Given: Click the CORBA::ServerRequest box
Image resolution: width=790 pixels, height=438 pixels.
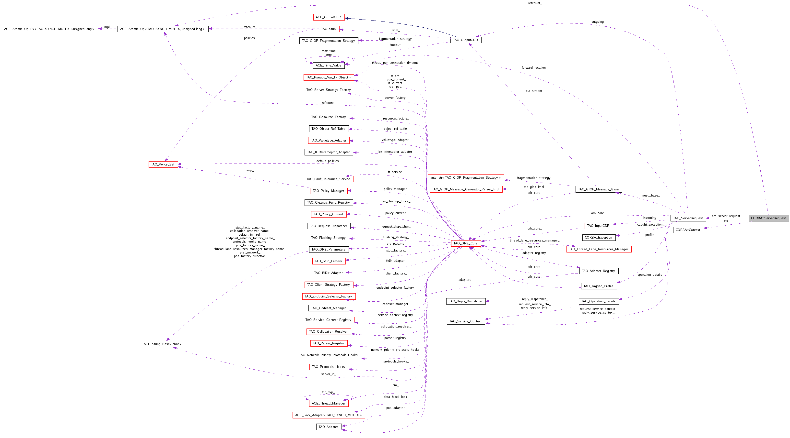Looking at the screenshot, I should [768, 218].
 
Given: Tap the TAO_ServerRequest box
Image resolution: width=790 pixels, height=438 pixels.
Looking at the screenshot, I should [688, 218].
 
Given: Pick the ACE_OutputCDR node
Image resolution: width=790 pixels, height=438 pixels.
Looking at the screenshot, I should [329, 17].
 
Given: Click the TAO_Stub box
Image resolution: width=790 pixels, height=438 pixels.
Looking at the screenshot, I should [329, 29].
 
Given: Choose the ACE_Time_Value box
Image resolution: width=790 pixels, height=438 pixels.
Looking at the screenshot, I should [329, 65].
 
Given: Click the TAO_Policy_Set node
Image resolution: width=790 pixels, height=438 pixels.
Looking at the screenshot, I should [163, 164].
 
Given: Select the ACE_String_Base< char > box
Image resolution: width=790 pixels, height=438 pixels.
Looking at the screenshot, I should [163, 344].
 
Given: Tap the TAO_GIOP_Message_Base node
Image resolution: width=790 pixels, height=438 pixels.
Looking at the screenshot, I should [598, 189].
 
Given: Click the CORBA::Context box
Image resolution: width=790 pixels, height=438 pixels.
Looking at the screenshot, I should [688, 230].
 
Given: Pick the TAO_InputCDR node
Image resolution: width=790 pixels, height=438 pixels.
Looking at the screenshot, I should [598, 226].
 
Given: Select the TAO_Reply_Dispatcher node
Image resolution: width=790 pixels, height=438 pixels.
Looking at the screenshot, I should [466, 301].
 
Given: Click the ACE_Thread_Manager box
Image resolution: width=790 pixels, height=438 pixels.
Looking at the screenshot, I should [329, 403].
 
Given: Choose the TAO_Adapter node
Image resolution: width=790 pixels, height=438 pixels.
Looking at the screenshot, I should [329, 427].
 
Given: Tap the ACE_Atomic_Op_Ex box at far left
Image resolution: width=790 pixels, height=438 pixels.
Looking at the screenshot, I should [49, 29].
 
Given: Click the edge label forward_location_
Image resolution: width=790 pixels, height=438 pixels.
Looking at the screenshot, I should [534, 67].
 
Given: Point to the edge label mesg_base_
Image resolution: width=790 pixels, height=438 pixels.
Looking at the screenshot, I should [650, 196].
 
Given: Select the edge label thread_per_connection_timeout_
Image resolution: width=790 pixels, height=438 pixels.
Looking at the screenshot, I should [396, 63].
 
